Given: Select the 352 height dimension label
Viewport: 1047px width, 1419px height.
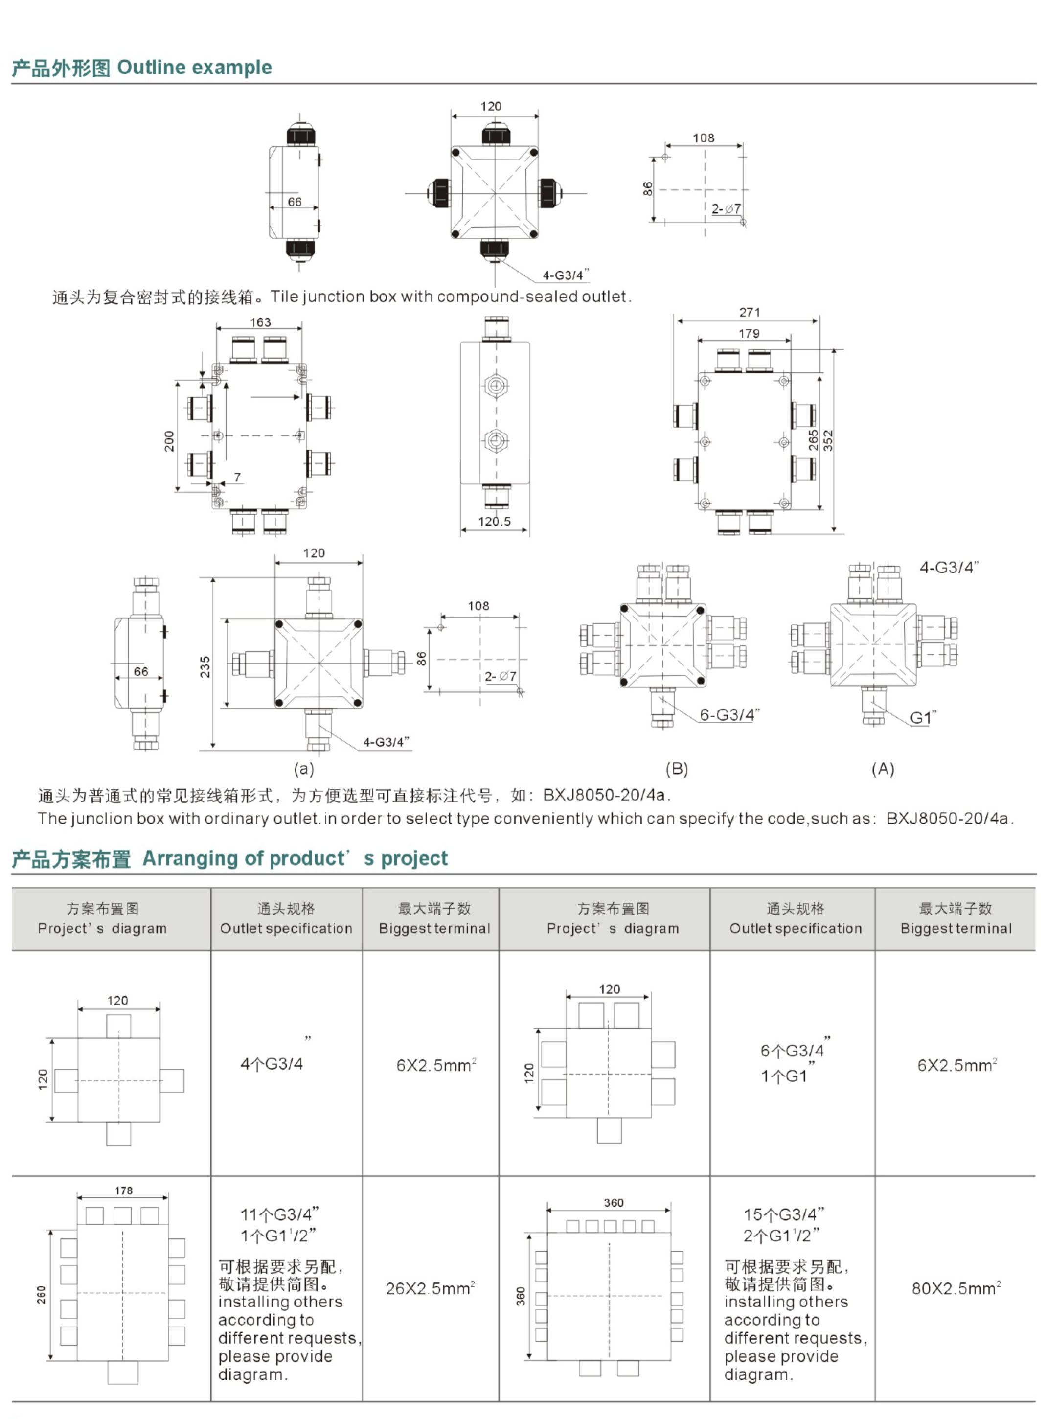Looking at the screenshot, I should click(828, 440).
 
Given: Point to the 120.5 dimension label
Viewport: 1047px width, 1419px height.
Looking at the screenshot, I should click(494, 521).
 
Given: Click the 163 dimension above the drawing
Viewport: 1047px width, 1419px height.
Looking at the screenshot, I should click(260, 322).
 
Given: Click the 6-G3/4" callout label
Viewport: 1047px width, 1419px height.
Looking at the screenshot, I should click(729, 715).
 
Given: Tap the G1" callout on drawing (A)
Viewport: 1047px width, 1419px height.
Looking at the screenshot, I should click(923, 718).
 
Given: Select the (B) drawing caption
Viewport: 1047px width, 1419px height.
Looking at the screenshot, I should click(676, 769).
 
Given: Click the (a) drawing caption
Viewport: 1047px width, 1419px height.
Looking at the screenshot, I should click(303, 769).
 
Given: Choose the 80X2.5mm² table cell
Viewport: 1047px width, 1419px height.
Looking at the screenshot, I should click(956, 1288).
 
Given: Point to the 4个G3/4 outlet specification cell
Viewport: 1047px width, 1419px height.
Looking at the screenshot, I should click(273, 1063).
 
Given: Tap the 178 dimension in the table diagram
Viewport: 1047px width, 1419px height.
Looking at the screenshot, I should click(124, 1191).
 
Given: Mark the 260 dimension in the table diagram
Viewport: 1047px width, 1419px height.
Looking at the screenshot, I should click(41, 1294).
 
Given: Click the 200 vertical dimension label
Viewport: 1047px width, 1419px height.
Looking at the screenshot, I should click(169, 441).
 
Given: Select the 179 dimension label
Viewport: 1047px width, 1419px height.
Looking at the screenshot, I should click(749, 333).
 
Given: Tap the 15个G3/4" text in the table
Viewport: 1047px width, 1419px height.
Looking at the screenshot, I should click(783, 1215).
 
